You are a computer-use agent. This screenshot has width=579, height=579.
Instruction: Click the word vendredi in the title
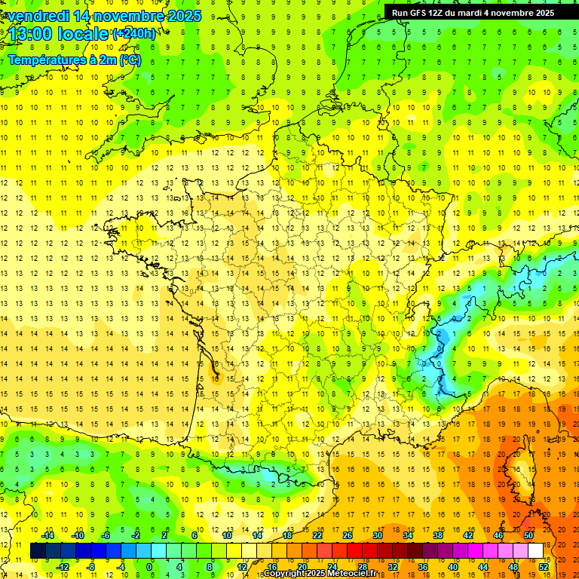pyautogui.click(x=38, y=16)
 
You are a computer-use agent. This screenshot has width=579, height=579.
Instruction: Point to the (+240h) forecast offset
pyautogui.click(x=134, y=34)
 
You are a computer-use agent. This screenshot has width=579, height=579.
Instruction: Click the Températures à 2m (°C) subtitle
pyautogui.click(x=75, y=60)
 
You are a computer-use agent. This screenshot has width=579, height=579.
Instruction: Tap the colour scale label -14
pyautogui.click(x=49, y=535)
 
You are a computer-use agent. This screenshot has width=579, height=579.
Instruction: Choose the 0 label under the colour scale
pyautogui.click(x=149, y=567)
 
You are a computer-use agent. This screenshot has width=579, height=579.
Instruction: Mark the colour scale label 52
pyautogui.click(x=544, y=567)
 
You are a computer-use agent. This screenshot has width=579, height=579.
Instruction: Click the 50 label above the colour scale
pyautogui.click(x=528, y=535)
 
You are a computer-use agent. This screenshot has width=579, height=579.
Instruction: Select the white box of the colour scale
pyautogui.click(x=536, y=551)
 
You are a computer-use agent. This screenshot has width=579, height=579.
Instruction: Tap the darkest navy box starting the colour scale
pyautogui.click(x=38, y=551)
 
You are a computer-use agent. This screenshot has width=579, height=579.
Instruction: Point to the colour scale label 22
pyautogui.click(x=317, y=535)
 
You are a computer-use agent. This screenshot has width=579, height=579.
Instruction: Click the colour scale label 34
pyautogui.click(x=408, y=535)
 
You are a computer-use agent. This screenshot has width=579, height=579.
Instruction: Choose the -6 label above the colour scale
pyautogui.click(x=106, y=535)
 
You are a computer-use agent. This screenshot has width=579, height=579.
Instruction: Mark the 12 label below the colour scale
pyautogui.click(x=243, y=567)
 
